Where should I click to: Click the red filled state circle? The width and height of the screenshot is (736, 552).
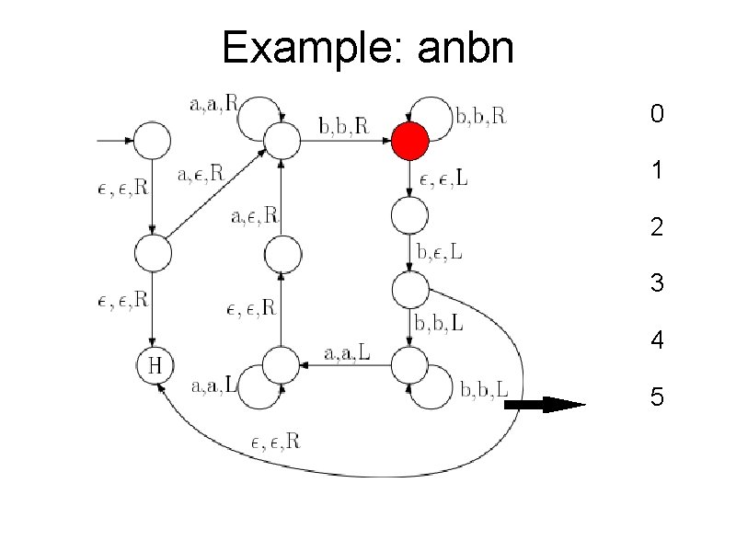pos(409,142)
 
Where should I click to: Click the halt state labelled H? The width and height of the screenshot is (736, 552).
pos(155,365)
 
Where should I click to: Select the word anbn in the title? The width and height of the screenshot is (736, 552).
pos(465,48)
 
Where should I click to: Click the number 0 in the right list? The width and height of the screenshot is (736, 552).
pos(656,115)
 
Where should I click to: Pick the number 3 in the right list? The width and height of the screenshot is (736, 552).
pos(656,283)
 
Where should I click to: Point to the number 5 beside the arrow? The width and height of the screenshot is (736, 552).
pos(656,397)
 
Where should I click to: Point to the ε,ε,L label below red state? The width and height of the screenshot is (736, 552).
pos(443,179)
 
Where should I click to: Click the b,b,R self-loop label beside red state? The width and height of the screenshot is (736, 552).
pos(481,116)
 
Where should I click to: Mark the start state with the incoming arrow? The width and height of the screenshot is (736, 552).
pos(153,142)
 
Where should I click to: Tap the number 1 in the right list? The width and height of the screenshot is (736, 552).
pos(656,171)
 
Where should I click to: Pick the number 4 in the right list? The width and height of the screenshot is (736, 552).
pos(656,340)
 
